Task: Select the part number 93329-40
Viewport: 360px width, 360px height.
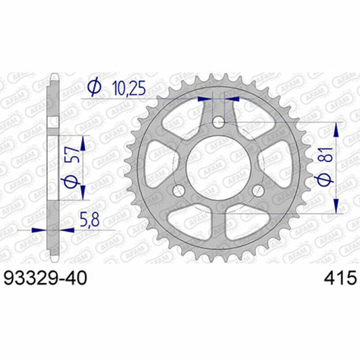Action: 45,278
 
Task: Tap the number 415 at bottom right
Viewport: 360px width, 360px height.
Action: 335,278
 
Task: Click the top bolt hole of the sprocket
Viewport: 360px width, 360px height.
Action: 217,122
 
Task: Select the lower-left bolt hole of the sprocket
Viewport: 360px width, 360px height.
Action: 178,191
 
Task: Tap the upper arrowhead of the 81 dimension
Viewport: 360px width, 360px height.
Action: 336,127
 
